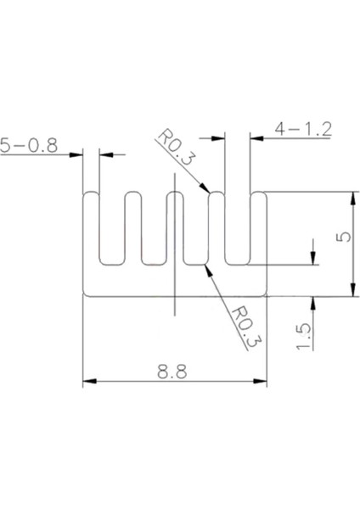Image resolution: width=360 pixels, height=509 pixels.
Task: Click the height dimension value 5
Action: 342,238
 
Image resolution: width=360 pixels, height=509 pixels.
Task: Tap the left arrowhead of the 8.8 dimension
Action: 87,383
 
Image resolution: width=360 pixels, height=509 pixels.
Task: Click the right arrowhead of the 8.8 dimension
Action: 262,383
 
